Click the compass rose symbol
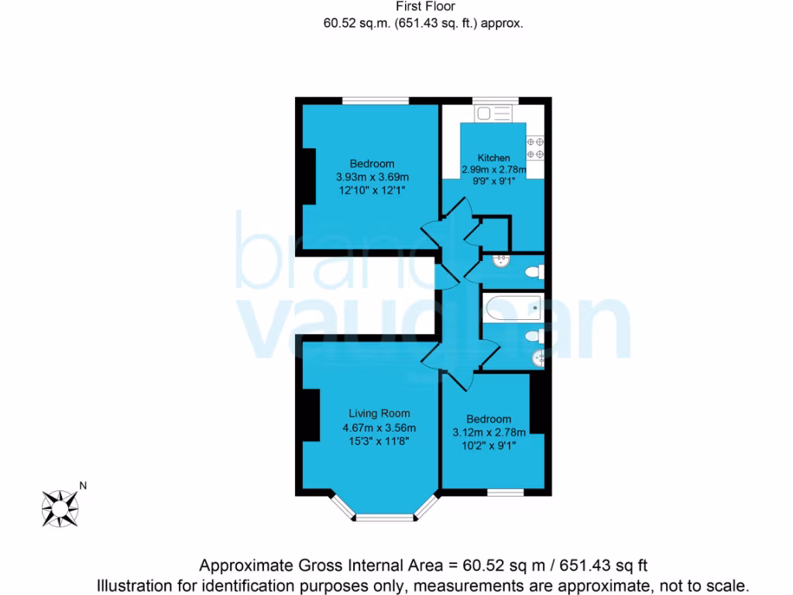(59, 507)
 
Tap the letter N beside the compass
(83, 487)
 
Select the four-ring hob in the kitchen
(535, 147)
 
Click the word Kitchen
(493, 157)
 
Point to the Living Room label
(379, 413)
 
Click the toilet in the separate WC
(534, 272)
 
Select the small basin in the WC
(501, 260)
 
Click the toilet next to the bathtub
(534, 336)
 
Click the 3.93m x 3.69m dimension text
(372, 177)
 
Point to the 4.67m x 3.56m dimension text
(379, 428)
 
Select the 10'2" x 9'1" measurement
(489, 445)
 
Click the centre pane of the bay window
(385, 516)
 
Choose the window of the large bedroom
(376, 100)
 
